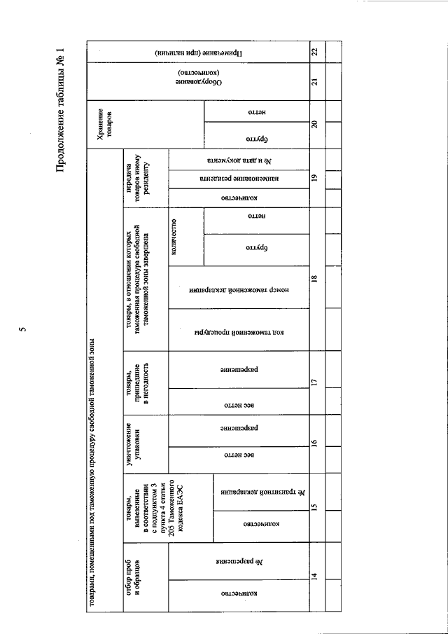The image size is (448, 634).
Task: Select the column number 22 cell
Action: click(x=315, y=52)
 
